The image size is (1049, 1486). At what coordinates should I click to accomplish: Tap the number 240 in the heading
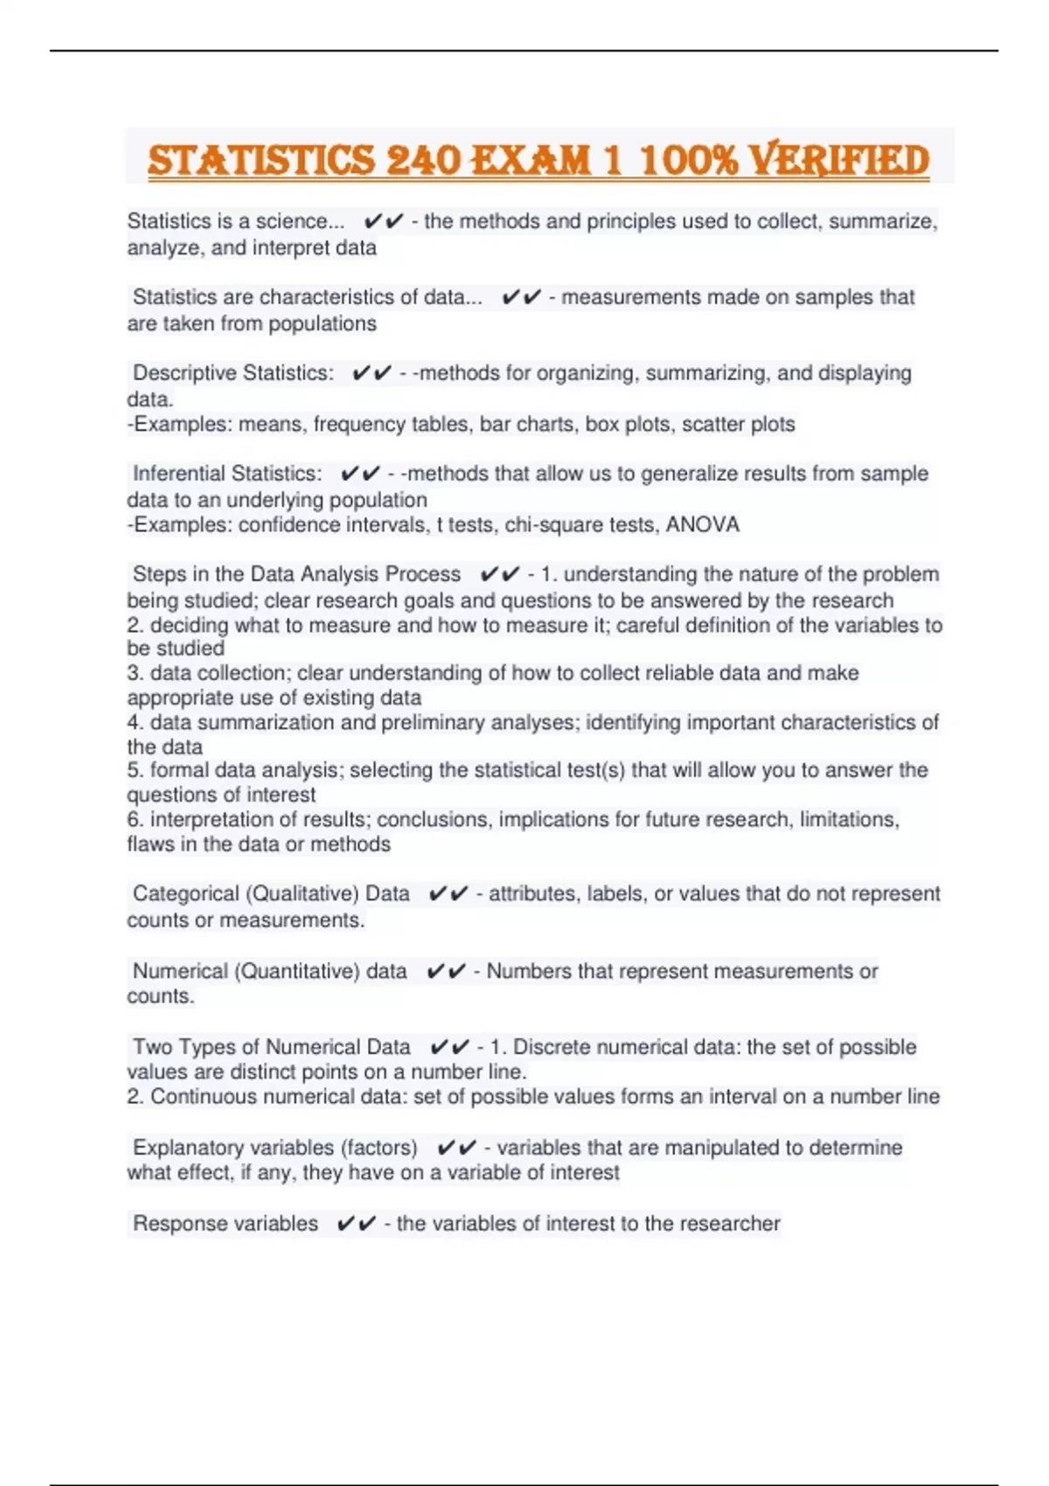click(423, 160)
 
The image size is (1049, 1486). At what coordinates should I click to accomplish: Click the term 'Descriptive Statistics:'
click(233, 373)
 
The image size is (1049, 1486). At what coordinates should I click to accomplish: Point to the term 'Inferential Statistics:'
click(227, 474)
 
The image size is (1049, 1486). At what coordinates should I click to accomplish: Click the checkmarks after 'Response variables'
click(356, 1224)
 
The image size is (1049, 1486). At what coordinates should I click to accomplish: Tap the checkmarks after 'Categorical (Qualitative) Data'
click(448, 894)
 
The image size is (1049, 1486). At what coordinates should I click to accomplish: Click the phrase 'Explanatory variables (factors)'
click(274, 1148)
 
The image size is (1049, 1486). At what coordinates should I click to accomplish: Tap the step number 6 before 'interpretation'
click(134, 820)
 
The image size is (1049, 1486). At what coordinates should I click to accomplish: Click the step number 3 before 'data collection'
click(134, 673)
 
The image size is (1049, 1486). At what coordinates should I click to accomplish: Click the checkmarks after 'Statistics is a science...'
click(383, 222)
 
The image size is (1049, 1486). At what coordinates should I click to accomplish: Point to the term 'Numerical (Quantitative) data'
click(269, 971)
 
